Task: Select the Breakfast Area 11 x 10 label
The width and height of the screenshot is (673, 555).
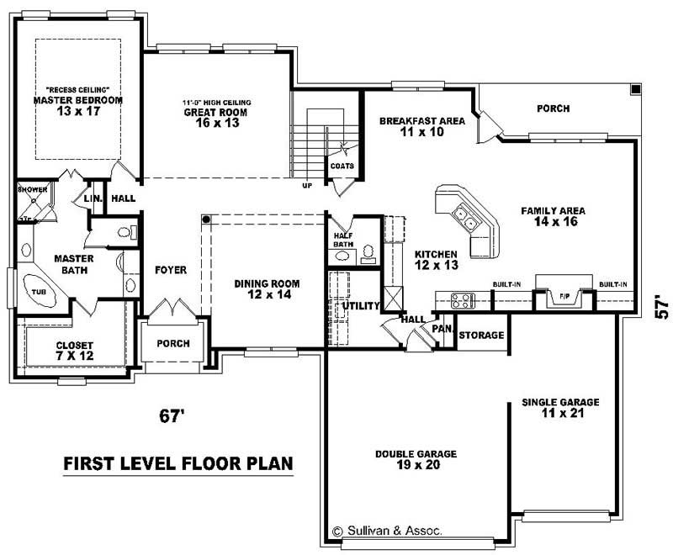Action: pos(421,126)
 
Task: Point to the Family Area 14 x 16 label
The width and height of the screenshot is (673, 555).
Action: pos(553,217)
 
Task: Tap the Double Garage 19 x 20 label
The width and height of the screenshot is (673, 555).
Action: pos(416,459)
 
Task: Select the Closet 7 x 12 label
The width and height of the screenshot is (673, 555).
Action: pos(74,351)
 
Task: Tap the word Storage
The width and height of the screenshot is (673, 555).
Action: pos(481,336)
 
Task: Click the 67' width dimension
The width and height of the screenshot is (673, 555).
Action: pos(172,415)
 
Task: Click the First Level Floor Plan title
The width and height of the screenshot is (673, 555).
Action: pos(178,463)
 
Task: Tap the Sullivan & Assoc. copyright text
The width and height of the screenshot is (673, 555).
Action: pos(386,531)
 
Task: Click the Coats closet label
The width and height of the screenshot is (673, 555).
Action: pos(342,166)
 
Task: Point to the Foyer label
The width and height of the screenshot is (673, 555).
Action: pos(170,270)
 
